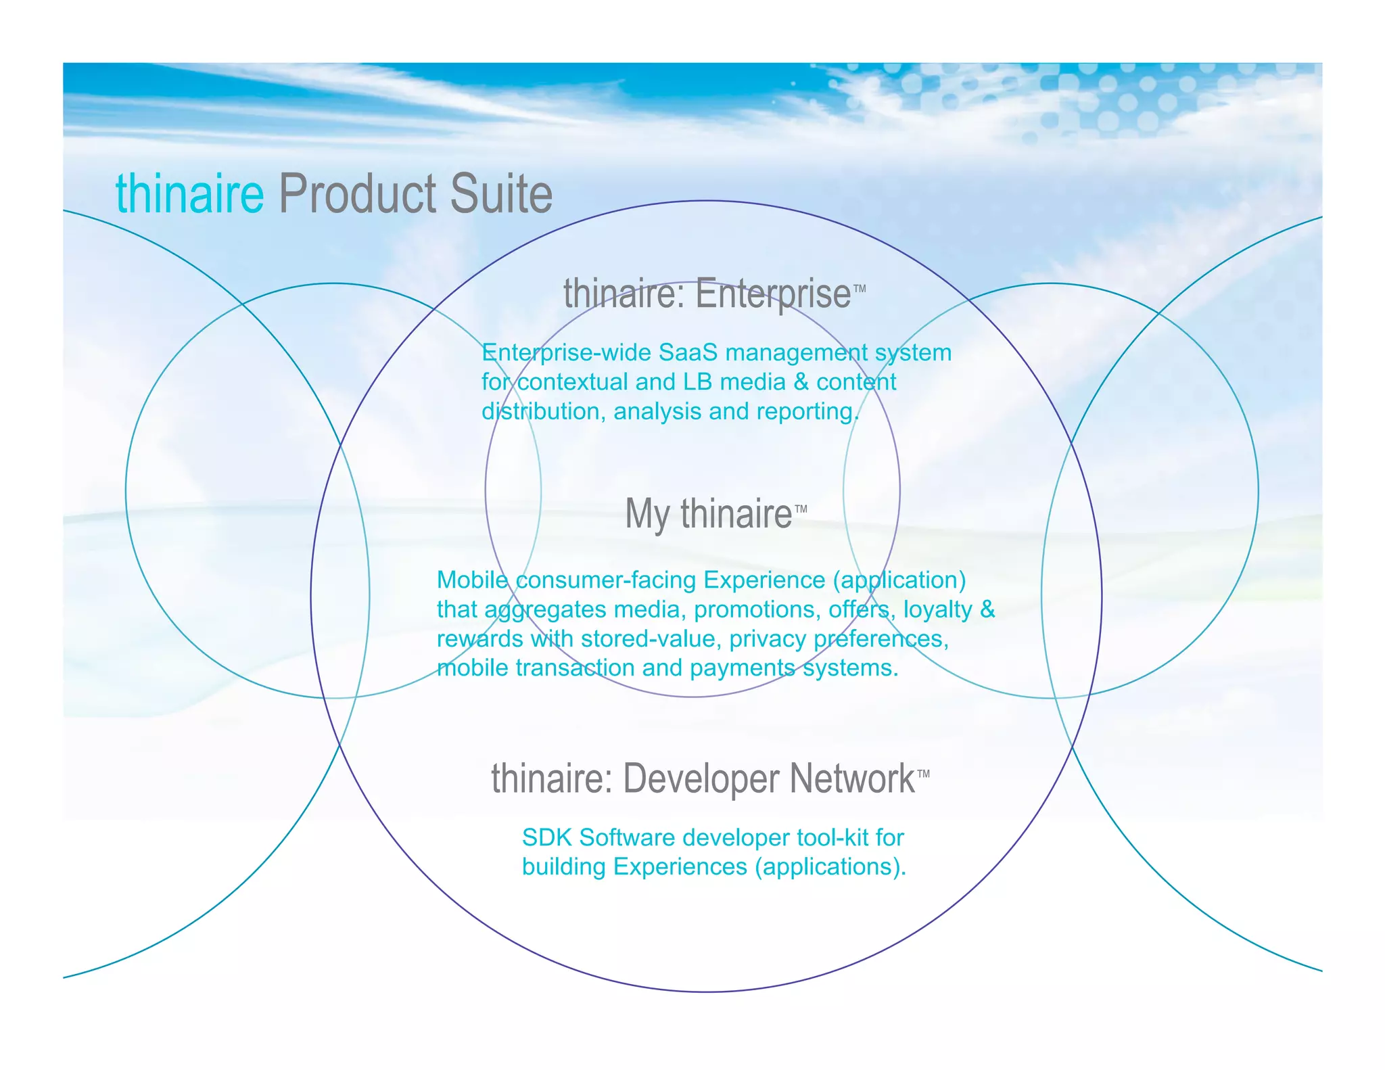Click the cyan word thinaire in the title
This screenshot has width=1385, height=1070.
click(189, 194)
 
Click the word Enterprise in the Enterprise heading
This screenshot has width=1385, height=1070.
click(773, 294)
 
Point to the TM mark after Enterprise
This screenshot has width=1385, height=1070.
click(860, 289)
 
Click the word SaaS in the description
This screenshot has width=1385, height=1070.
click(687, 352)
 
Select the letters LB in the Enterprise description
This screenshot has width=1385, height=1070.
click(697, 382)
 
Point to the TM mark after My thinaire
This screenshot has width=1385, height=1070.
click(801, 509)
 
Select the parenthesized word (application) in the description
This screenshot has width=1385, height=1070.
click(899, 580)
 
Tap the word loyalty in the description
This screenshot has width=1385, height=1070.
click(937, 609)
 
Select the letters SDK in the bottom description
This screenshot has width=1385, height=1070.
click(547, 838)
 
